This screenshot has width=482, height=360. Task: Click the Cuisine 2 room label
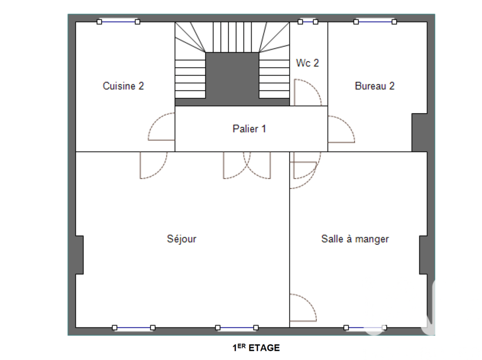click(x=123, y=86)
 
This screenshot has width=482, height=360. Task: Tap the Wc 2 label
click(x=308, y=63)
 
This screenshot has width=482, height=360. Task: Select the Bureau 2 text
click(x=375, y=86)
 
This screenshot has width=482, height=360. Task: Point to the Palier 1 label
click(x=249, y=129)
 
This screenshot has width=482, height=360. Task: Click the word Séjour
click(x=182, y=239)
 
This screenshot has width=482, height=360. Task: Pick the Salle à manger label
click(x=355, y=239)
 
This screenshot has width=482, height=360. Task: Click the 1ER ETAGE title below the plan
click(x=256, y=347)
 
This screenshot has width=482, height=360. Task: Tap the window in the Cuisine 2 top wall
click(x=118, y=22)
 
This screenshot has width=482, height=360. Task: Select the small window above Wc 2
click(x=308, y=22)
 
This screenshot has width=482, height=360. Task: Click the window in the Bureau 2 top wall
click(x=375, y=22)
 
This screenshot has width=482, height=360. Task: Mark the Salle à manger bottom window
click(x=365, y=328)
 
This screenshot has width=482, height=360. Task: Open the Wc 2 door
click(x=306, y=93)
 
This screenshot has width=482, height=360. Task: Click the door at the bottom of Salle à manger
click(x=302, y=308)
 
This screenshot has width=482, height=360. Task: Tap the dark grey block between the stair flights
click(x=232, y=77)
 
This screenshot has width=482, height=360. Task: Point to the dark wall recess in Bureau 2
click(x=419, y=133)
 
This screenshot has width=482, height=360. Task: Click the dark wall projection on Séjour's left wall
click(x=80, y=255)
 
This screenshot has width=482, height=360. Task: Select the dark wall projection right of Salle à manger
click(x=423, y=255)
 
